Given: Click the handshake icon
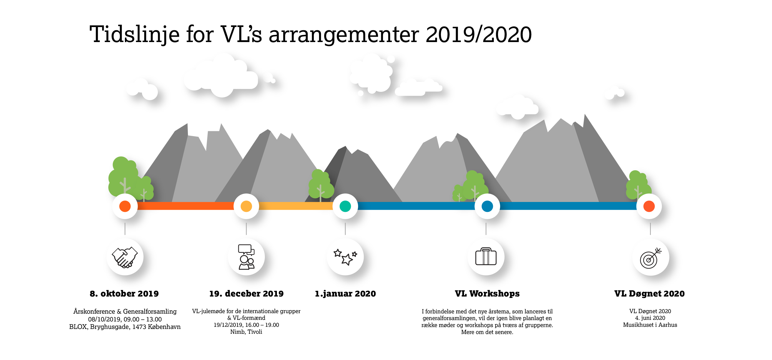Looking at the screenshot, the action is (125, 257).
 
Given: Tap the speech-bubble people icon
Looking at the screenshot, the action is (246, 257).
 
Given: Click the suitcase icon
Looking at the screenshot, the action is (486, 256).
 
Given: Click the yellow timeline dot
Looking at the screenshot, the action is (246, 206).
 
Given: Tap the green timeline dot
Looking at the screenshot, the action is (345, 206).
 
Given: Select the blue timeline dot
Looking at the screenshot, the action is (487, 206).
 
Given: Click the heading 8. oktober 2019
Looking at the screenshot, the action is (124, 294).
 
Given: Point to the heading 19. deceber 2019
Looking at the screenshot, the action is (246, 294).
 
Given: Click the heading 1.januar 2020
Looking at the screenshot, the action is (345, 294).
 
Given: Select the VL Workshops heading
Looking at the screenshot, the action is (487, 294).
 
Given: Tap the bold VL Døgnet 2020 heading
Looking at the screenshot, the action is (649, 294).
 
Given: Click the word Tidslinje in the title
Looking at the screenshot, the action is (135, 35).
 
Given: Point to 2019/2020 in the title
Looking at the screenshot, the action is (478, 35).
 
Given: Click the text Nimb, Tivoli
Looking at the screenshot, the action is (246, 332).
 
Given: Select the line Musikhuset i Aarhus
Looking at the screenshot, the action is (650, 325).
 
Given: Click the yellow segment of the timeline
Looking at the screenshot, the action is (295, 206).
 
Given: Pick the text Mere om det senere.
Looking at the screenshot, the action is (487, 332).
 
